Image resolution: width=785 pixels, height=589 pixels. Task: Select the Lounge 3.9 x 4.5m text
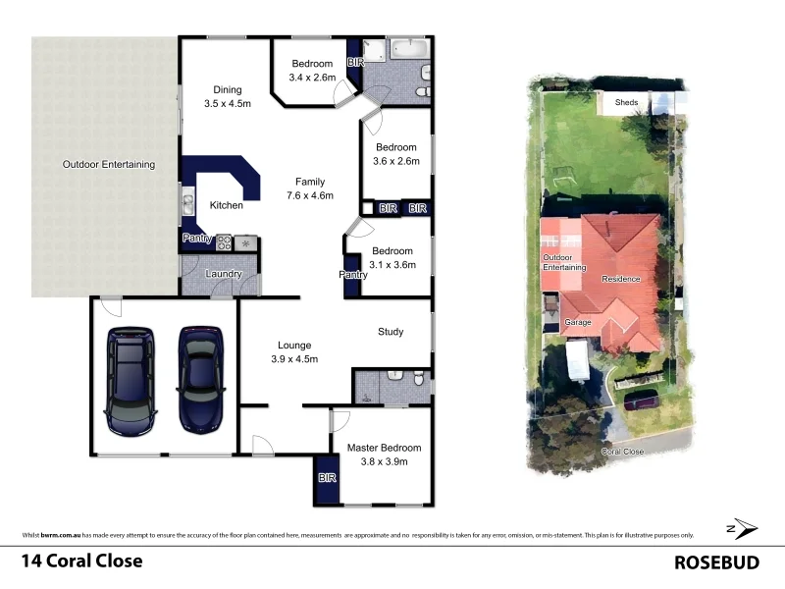(x=294, y=351)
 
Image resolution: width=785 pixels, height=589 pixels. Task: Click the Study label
(x=391, y=332)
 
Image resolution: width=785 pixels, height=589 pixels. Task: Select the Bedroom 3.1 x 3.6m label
(x=393, y=257)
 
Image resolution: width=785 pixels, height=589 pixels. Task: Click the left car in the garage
(x=131, y=380)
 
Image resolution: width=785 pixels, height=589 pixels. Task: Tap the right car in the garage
(x=199, y=378)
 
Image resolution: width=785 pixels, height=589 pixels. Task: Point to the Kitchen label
(x=227, y=205)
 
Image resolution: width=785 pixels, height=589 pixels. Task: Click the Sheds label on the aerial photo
(x=626, y=102)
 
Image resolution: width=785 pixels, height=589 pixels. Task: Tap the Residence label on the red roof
(x=621, y=279)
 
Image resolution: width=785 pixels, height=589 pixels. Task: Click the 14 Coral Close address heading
(x=82, y=562)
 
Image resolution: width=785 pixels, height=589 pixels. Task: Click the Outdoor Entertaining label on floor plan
(x=108, y=165)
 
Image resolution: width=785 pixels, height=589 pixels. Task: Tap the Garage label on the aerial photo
(x=577, y=322)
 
